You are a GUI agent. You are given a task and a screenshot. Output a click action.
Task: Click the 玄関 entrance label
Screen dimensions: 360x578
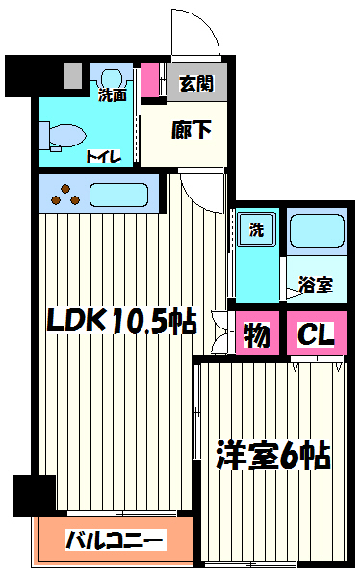(x=196, y=84)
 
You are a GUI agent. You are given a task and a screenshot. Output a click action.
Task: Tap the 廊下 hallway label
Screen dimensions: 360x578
(x=192, y=130)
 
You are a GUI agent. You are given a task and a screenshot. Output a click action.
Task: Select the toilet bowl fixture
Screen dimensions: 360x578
(x=63, y=137)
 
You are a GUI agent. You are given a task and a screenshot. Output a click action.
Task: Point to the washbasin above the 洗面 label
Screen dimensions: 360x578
(x=111, y=77)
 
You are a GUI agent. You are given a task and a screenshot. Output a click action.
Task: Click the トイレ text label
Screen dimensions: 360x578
(x=104, y=157)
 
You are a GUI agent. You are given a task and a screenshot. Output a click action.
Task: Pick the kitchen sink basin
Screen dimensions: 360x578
(x=118, y=195)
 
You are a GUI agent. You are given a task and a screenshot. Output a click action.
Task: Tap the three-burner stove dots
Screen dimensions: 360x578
(x=65, y=196)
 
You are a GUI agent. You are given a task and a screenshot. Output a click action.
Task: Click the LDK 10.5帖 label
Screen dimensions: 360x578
(x=121, y=321)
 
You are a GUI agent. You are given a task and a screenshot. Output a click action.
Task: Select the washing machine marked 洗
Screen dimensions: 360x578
(x=256, y=229)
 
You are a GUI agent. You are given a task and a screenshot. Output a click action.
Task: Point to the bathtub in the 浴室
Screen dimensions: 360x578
(x=318, y=231)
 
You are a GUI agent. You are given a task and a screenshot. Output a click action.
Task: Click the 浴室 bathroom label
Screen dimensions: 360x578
(x=316, y=285)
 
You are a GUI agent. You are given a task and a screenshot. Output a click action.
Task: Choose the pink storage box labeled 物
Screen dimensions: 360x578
(x=257, y=333)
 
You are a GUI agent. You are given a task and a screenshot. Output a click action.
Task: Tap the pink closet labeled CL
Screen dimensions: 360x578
(x=317, y=333)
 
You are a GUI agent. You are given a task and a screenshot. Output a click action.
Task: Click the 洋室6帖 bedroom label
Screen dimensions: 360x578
(x=273, y=455)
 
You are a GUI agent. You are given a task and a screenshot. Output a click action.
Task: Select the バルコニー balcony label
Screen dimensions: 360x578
(x=115, y=540)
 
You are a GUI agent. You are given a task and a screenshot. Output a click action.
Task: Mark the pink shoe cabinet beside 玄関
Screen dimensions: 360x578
(x=150, y=80)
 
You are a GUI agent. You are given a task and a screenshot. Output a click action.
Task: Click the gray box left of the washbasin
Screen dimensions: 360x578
(x=72, y=75)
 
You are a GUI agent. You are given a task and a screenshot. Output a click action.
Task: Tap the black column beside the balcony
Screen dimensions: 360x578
(x=35, y=496)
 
